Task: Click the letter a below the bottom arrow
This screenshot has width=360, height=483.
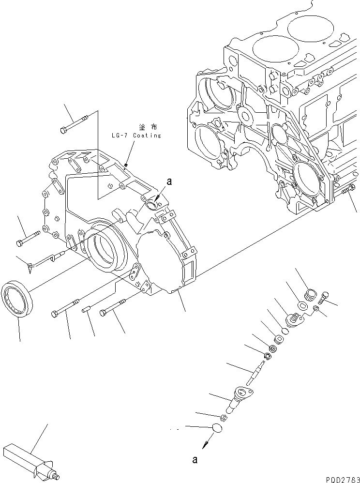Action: point(195,460)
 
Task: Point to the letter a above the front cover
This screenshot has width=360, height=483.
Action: point(169,181)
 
